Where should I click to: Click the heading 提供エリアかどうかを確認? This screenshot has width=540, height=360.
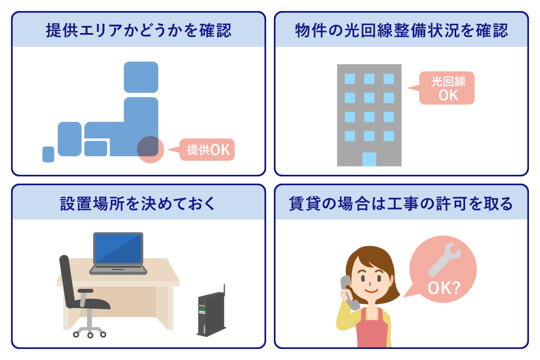138,30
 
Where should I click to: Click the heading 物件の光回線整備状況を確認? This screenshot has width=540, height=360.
401,30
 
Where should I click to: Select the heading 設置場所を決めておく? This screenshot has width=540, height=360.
138,203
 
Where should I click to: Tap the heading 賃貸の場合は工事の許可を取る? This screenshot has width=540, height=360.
401,203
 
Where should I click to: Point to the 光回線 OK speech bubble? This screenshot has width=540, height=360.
447,88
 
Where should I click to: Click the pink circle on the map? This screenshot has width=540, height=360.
150,149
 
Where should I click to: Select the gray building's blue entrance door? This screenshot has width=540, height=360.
369,159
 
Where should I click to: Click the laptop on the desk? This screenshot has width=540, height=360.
118,254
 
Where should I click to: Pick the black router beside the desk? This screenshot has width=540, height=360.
211,315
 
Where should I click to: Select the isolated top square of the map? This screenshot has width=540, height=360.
141,77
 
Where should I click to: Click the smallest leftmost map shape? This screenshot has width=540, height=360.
48,154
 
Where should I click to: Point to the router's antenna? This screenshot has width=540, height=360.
224,290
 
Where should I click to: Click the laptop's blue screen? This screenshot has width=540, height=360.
118,249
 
